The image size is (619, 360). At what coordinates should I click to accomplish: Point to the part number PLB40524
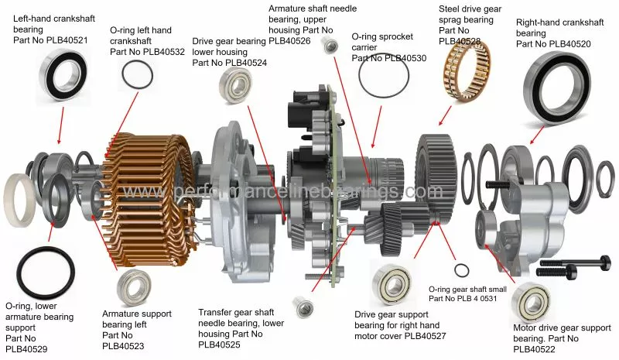pyautogui.click(x=241, y=63)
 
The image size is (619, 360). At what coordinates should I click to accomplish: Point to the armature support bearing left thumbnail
pyautogui.click(x=133, y=288)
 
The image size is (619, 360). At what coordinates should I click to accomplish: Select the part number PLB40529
pyautogui.click(x=26, y=349)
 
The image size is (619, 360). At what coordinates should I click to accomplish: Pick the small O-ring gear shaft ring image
pyautogui.click(x=460, y=269)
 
